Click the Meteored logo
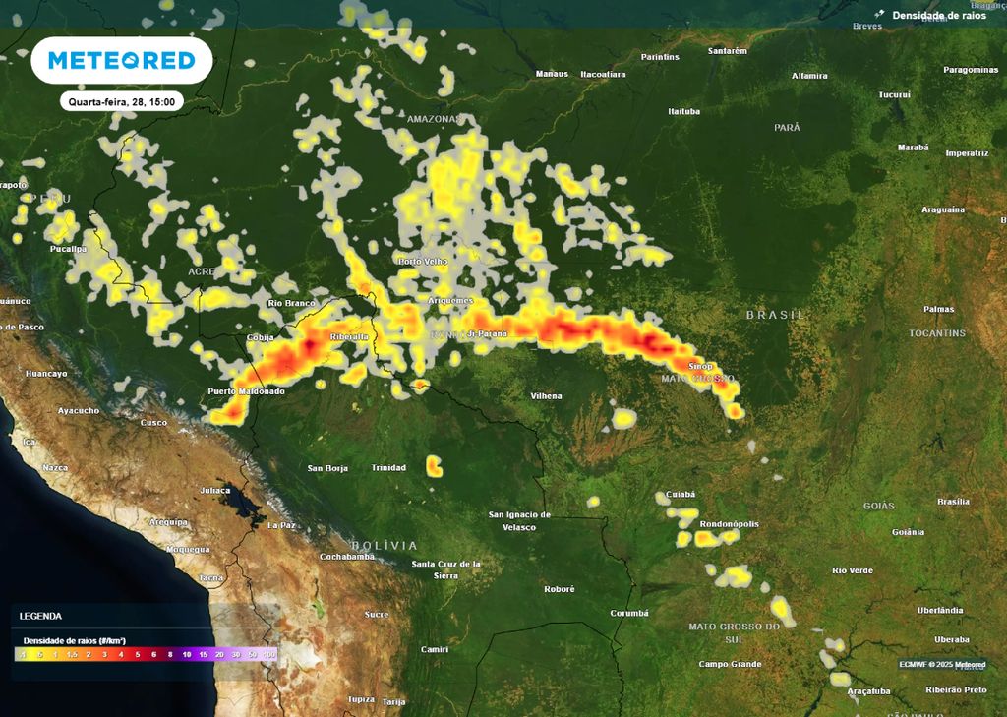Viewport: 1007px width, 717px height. click(122, 60)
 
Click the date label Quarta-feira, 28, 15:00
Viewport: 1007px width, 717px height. click(122, 101)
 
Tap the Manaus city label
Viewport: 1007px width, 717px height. click(552, 74)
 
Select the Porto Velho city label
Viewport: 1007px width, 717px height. click(422, 261)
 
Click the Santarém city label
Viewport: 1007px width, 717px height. click(728, 50)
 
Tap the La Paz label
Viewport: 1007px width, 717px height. click(282, 525)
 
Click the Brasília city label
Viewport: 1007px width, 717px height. click(953, 502)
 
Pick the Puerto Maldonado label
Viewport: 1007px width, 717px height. click(246, 391)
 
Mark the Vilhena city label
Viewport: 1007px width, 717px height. click(546, 396)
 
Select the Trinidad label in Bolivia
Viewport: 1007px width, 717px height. click(388, 468)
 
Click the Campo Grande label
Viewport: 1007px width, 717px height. click(730, 664)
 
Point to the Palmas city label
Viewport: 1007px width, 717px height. click(938, 309)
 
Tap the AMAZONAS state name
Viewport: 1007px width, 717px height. click(434, 119)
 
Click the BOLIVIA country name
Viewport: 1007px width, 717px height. click(384, 545)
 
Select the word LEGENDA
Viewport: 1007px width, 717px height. click(40, 616)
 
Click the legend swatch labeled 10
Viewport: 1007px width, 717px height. click(187, 654)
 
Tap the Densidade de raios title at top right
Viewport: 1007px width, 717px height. click(937, 15)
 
